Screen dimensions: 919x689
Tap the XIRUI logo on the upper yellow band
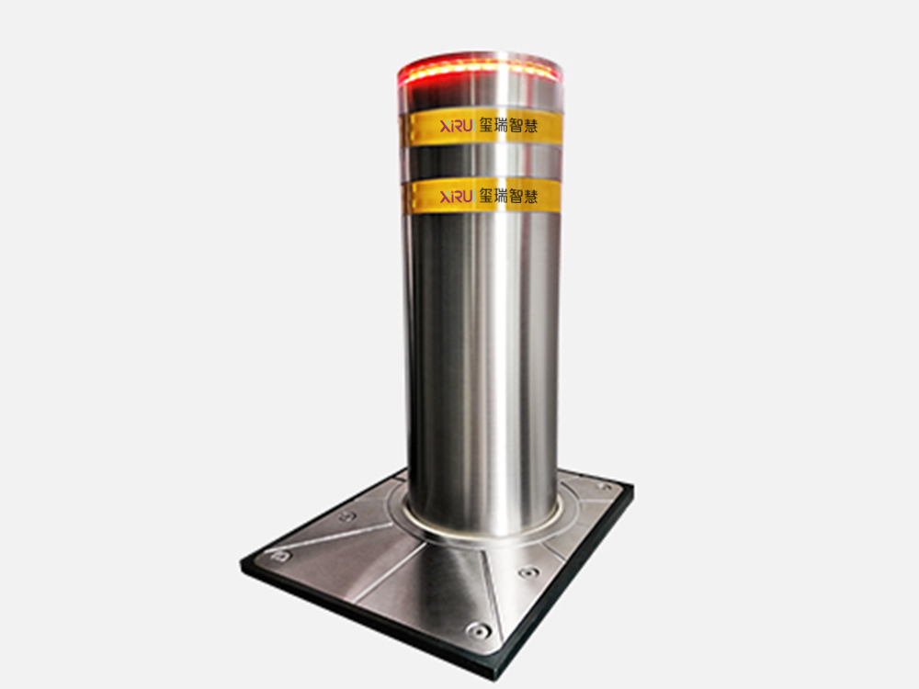(456, 125)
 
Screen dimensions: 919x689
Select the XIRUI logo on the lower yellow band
(456, 197)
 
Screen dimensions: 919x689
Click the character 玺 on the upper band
(486, 125)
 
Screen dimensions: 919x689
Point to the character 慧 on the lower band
(530, 197)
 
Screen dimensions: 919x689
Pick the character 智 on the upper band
(516, 125)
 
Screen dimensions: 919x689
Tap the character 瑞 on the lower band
(501, 196)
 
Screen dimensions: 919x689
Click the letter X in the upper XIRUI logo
(444, 125)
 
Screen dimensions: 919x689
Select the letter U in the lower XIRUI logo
(466, 197)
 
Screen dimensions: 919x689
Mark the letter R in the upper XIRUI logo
(456, 125)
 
